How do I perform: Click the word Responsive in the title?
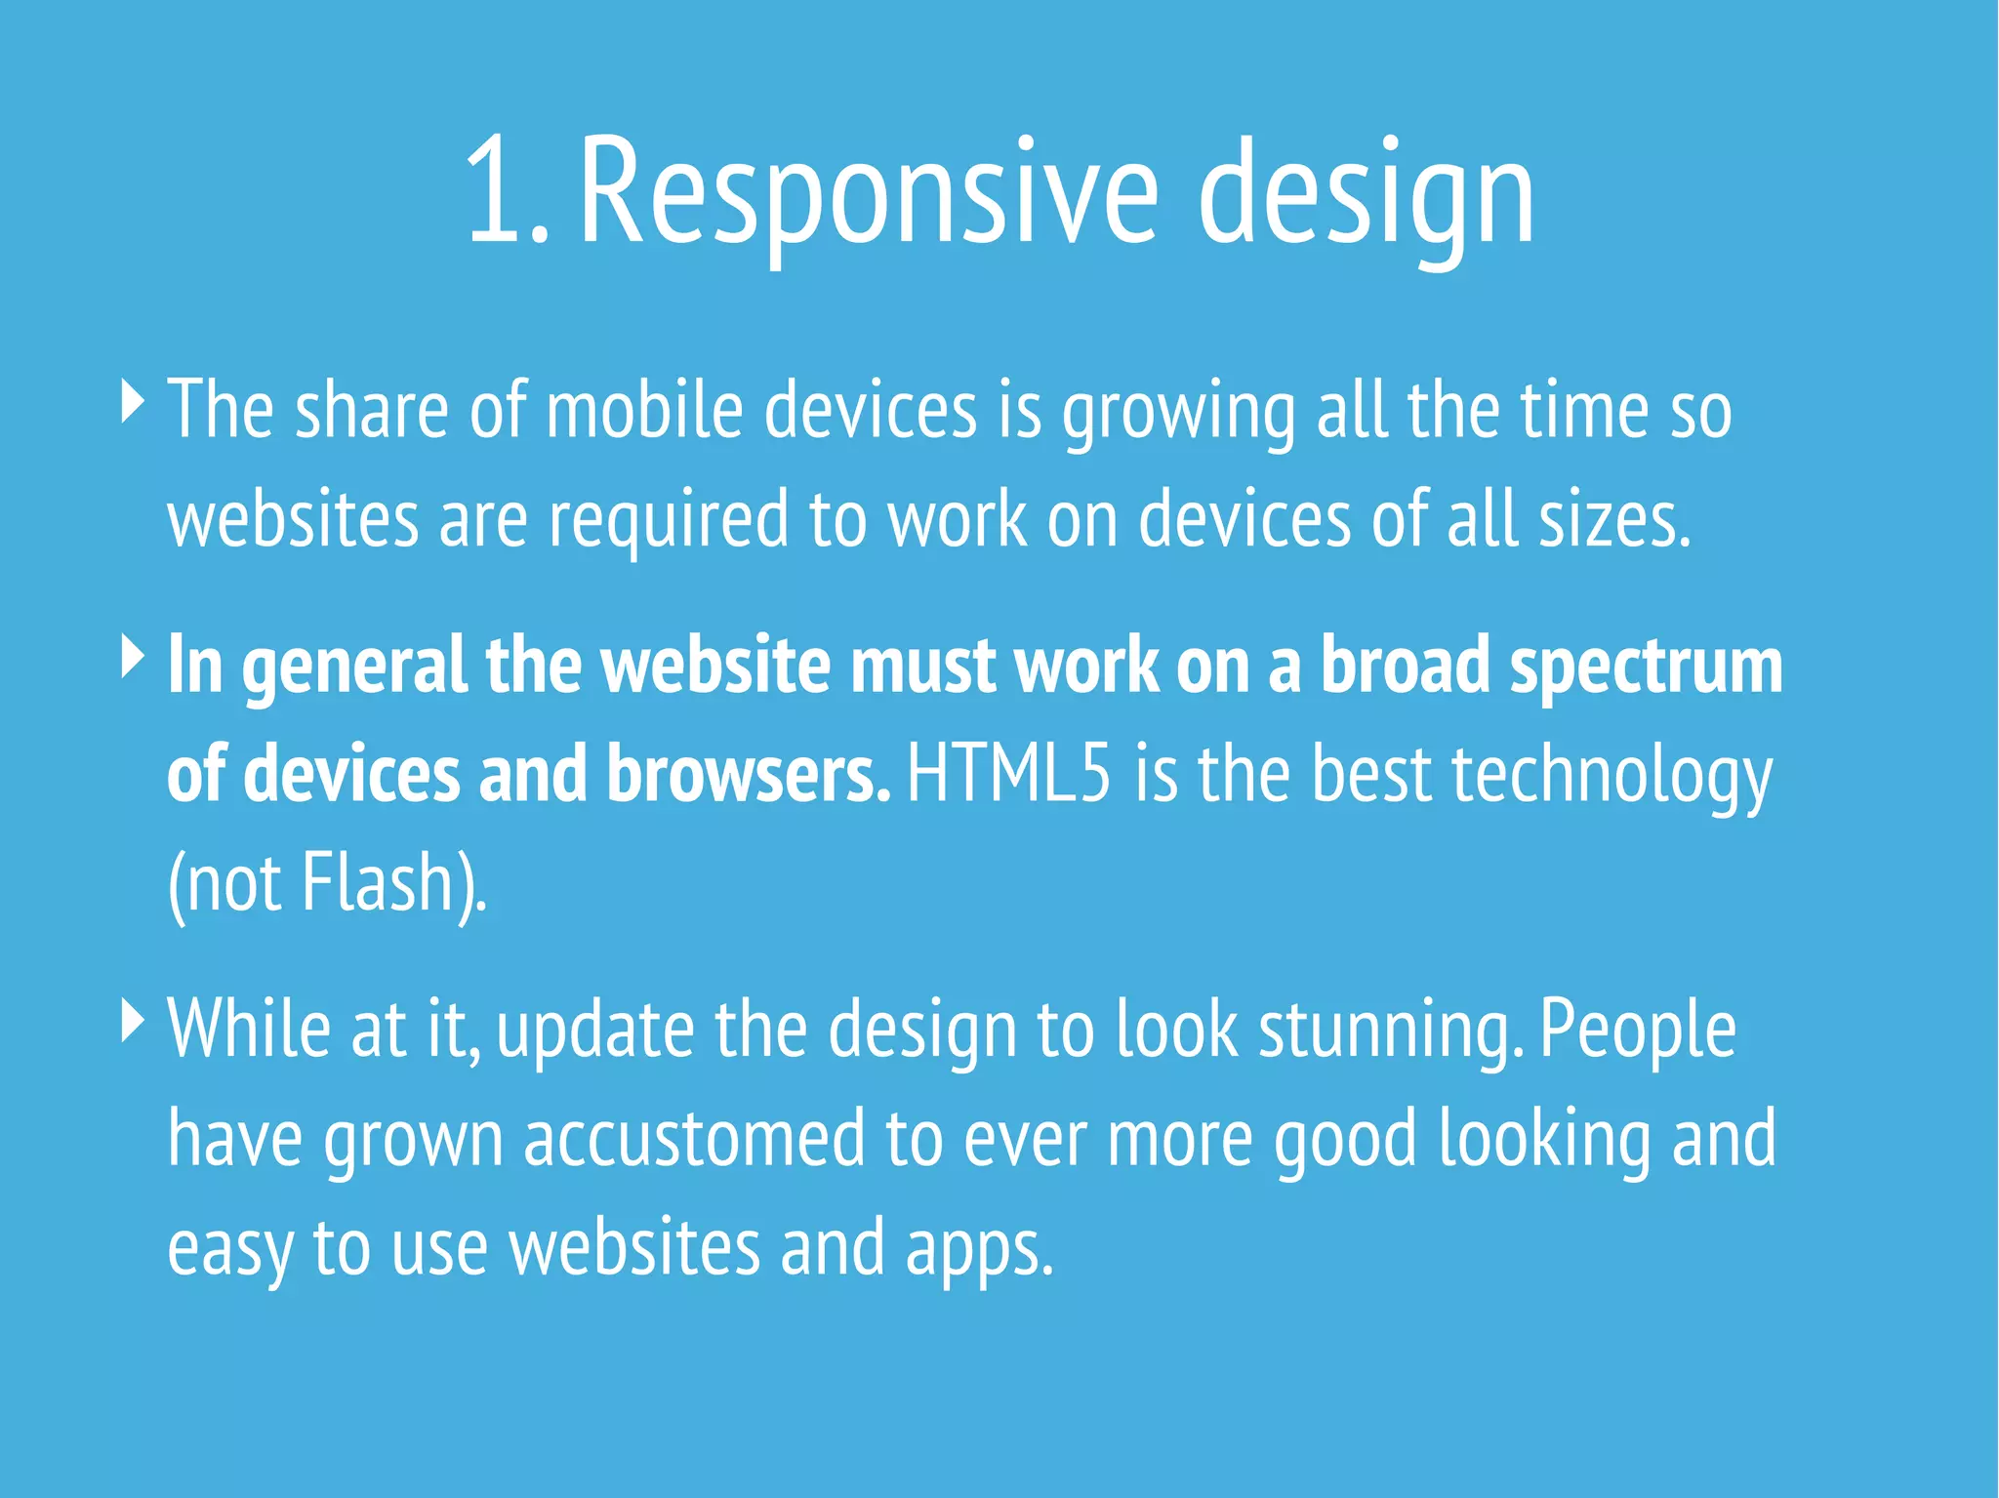(x=869, y=191)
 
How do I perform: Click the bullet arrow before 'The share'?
(x=133, y=401)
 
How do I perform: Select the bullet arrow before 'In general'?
(x=133, y=656)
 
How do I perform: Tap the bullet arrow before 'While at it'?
(x=133, y=1020)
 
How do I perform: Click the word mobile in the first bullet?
(x=644, y=410)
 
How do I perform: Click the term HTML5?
(x=1008, y=773)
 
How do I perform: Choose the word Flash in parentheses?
(x=377, y=882)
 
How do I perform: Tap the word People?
(x=1638, y=1031)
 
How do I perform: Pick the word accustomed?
(x=694, y=1138)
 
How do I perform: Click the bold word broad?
(x=1405, y=666)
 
